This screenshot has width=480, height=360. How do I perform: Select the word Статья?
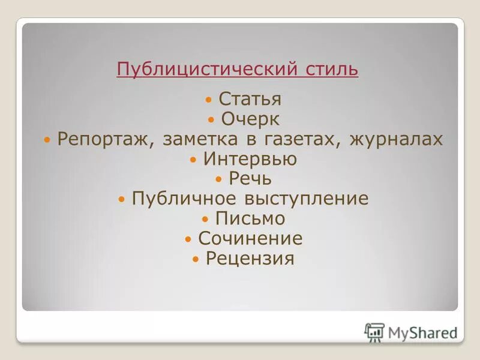(x=250, y=99)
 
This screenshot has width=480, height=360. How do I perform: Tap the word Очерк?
(x=250, y=119)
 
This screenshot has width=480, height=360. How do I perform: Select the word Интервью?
(x=250, y=159)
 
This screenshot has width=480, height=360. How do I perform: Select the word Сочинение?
(x=250, y=239)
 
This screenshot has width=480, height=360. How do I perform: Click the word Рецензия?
(x=250, y=259)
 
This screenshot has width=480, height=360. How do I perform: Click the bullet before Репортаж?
(x=47, y=140)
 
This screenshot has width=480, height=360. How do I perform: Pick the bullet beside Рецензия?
(x=196, y=259)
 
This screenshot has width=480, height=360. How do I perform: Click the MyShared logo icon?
(x=374, y=332)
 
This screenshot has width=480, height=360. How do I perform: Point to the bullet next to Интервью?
(x=193, y=160)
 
